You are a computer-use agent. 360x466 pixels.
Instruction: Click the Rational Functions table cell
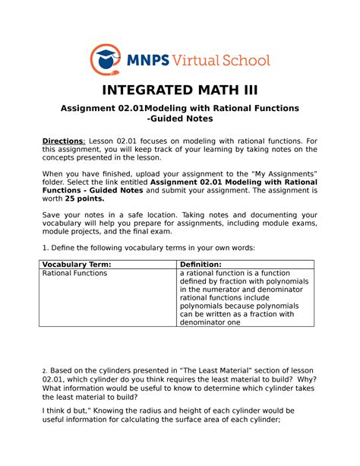tap(74, 273)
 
